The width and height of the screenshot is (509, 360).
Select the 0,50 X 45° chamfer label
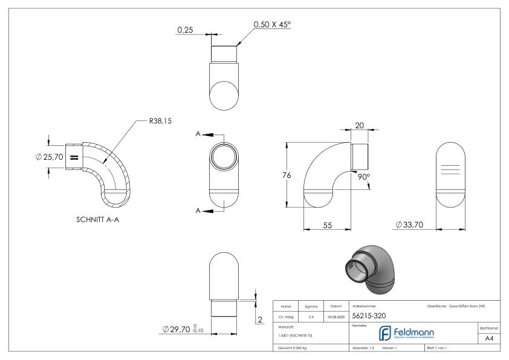(271, 24)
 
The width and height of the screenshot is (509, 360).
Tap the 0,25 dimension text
(185, 29)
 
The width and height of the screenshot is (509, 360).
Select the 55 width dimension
(327, 224)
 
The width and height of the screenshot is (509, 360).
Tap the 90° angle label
(364, 177)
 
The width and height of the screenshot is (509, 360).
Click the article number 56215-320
(370, 315)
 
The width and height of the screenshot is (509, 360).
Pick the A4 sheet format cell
(491, 339)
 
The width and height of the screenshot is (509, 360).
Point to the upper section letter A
(198, 134)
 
